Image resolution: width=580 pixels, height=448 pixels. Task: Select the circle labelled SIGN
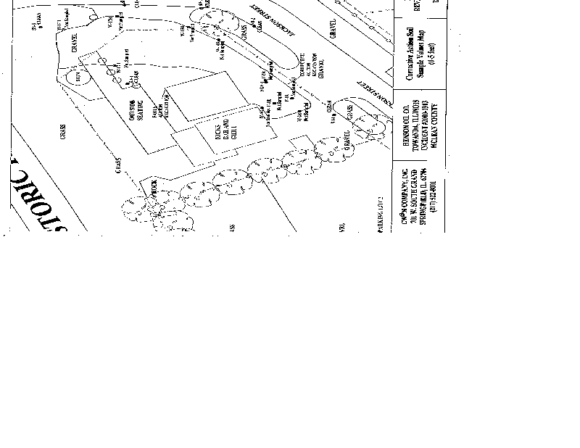pyautogui.click(x=74, y=75)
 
